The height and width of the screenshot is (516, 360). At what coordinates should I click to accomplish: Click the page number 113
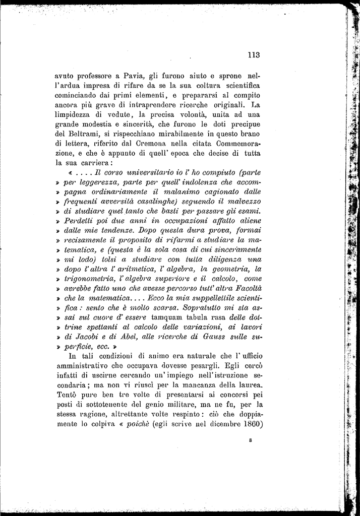pyautogui.click(x=253, y=55)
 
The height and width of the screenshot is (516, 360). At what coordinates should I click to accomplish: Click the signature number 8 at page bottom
pyautogui.click(x=250, y=440)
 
